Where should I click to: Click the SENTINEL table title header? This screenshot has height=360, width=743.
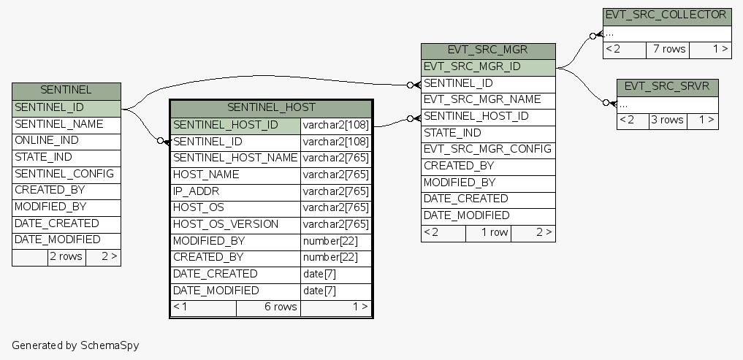click(x=66, y=91)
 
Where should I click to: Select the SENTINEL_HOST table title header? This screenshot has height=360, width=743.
click(x=271, y=108)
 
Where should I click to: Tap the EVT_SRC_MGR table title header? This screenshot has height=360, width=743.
click(x=487, y=50)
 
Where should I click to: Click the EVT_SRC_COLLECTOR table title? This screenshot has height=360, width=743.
click(x=666, y=15)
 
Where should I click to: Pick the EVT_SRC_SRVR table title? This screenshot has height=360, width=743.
click(x=667, y=86)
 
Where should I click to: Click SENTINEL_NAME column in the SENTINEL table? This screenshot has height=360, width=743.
click(x=59, y=124)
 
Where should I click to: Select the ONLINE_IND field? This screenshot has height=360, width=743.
click(x=47, y=140)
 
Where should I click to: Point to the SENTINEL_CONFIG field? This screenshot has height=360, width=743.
click(x=64, y=174)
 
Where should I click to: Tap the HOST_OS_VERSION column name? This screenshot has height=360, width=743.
click(x=226, y=224)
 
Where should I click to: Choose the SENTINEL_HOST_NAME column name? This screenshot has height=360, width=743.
click(x=235, y=158)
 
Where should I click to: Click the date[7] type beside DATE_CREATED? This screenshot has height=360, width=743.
click(x=319, y=274)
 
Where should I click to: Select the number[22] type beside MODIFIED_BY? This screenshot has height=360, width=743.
click(x=330, y=241)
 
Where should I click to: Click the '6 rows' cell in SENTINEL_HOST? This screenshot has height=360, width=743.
click(x=281, y=307)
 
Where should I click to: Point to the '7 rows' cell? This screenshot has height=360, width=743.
click(x=669, y=49)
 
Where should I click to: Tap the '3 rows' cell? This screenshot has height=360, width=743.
click(x=667, y=120)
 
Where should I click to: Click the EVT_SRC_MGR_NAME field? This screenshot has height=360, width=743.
click(x=482, y=99)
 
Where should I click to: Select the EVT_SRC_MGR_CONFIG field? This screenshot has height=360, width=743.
click(x=488, y=149)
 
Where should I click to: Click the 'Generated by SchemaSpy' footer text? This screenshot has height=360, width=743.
click(x=75, y=345)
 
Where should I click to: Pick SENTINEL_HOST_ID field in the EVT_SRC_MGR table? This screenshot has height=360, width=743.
click(x=476, y=116)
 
